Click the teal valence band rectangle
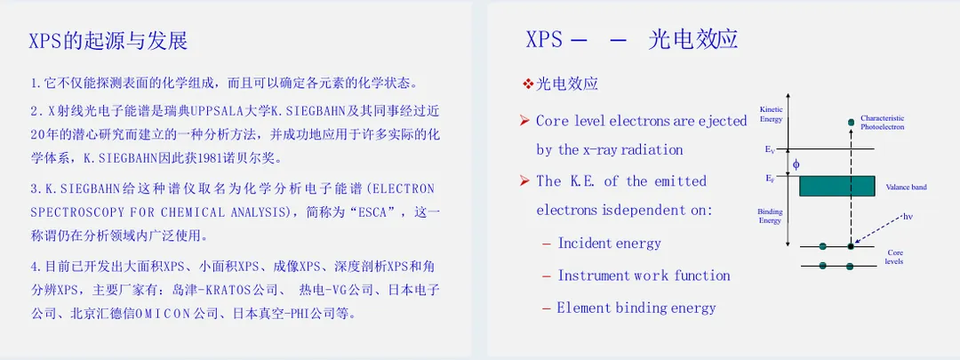(837, 186)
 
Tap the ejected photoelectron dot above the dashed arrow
(851, 123)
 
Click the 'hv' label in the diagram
(908, 217)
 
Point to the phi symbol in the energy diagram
(796, 164)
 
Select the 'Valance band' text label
(907, 187)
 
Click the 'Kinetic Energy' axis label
(771, 114)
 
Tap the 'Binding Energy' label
(771, 215)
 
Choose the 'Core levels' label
(896, 257)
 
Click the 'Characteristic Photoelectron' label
(883, 122)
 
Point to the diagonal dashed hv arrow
(878, 230)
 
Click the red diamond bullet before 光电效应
(528, 84)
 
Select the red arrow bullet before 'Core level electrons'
(524, 121)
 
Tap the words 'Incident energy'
(609, 244)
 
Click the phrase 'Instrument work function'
(644, 276)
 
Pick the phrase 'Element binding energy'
(636, 308)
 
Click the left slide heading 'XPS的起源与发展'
(108, 40)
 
